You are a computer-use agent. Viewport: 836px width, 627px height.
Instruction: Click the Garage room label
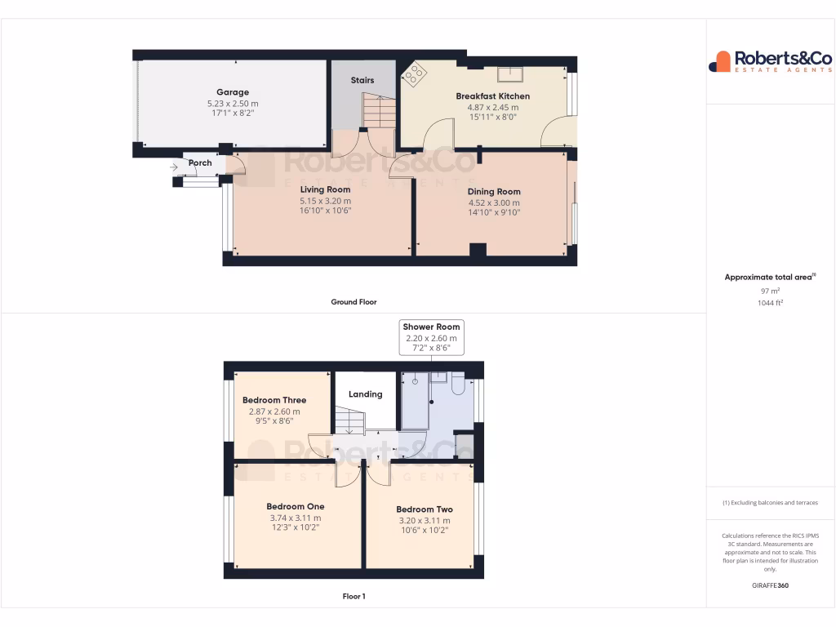tap(233, 92)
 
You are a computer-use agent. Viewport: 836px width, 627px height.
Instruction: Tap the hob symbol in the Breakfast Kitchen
tap(416, 75)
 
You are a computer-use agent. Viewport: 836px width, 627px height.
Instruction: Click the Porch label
tap(200, 163)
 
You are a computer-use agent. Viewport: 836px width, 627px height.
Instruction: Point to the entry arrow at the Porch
tap(175, 168)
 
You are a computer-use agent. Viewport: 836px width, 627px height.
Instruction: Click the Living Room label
tap(325, 189)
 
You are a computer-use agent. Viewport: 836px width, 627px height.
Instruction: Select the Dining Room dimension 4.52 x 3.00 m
tap(494, 203)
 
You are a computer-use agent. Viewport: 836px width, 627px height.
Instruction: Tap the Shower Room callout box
tap(431, 337)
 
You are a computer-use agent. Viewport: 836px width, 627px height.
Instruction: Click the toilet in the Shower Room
tap(457, 384)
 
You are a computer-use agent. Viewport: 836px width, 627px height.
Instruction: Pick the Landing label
tap(365, 394)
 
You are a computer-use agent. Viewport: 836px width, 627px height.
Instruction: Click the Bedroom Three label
tap(274, 400)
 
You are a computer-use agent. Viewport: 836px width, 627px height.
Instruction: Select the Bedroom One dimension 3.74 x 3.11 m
tap(296, 518)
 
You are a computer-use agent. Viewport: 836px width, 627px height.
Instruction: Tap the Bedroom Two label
tap(425, 509)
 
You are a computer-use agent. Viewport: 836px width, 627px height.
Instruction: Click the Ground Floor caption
tap(354, 302)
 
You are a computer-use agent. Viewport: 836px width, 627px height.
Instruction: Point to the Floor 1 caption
tap(354, 596)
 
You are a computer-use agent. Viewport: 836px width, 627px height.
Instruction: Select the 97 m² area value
tap(770, 291)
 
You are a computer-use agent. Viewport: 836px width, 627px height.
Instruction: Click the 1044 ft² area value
tap(770, 303)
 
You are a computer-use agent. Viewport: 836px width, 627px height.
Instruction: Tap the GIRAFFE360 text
tap(770, 585)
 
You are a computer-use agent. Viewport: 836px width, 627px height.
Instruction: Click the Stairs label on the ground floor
tap(362, 80)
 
